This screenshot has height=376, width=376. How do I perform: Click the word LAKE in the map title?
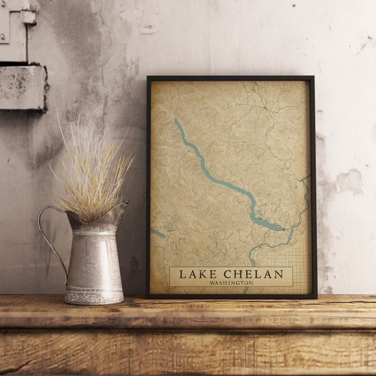(x=196, y=274)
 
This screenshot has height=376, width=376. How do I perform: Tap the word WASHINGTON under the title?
(x=230, y=283)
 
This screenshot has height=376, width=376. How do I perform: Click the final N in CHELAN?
(x=279, y=274)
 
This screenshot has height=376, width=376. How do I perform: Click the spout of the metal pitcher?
(x=120, y=210)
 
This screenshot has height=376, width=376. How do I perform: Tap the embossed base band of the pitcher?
(x=94, y=297)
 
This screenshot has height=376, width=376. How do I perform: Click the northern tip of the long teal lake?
(x=175, y=120)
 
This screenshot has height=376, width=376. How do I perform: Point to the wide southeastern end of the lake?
(x=267, y=224)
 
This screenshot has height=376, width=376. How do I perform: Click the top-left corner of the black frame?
(x=148, y=78)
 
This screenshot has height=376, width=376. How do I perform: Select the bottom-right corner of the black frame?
(x=315, y=297)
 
